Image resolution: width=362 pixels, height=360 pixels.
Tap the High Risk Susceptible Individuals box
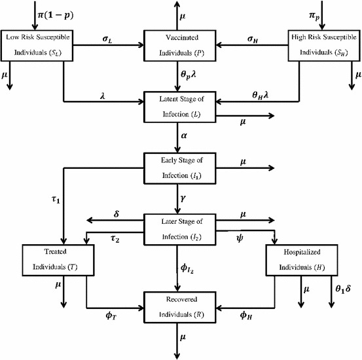coord(321,45)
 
